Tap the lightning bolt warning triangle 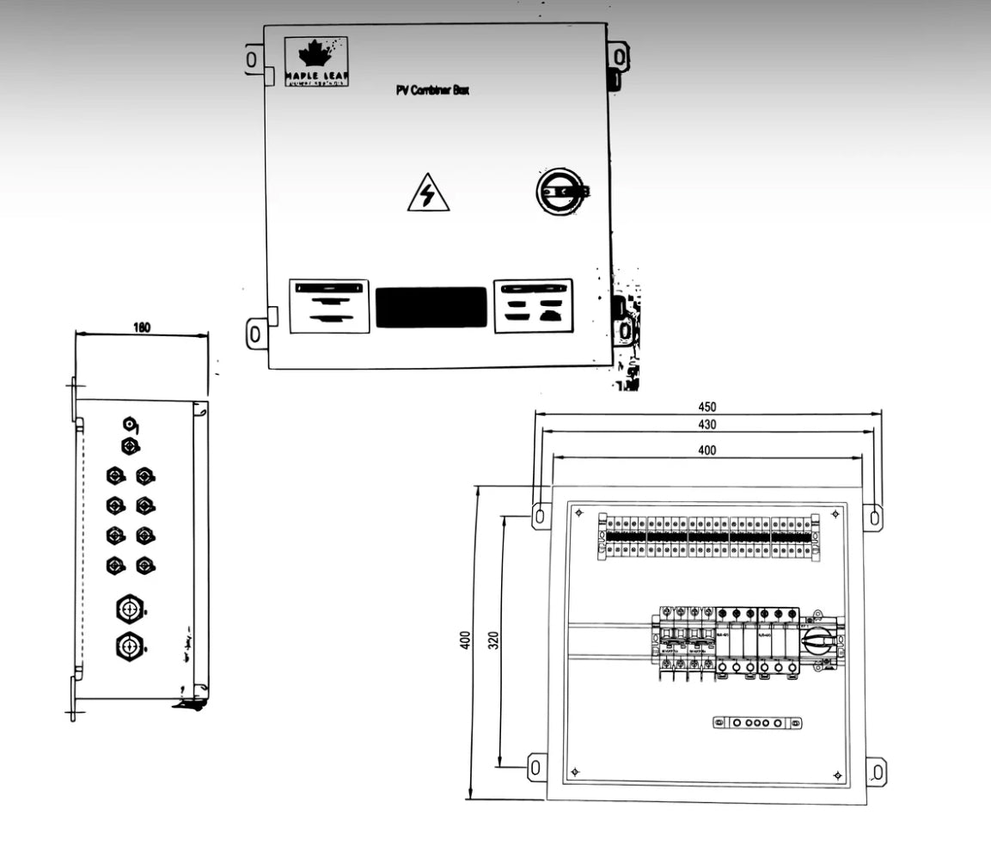click(x=428, y=193)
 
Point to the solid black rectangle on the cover click(x=431, y=307)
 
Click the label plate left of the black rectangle click(x=329, y=305)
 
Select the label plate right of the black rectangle click(x=533, y=305)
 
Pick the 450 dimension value click(x=707, y=407)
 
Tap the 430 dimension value click(x=707, y=425)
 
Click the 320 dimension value click(x=493, y=641)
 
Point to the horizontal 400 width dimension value click(x=707, y=450)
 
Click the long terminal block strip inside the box click(x=707, y=537)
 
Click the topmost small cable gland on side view click(x=129, y=424)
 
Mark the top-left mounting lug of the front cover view click(x=253, y=59)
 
